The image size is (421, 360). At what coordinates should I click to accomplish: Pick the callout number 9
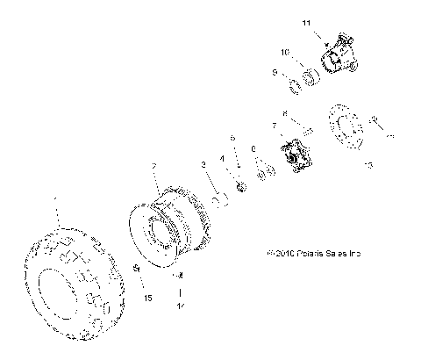point(275,74)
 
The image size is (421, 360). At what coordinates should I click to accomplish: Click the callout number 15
point(147,299)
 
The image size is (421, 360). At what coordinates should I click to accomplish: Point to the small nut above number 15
point(136,268)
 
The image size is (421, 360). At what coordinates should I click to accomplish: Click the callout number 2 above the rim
point(154,165)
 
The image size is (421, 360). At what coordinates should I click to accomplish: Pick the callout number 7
point(275,126)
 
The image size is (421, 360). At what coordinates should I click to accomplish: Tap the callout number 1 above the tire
point(54,201)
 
